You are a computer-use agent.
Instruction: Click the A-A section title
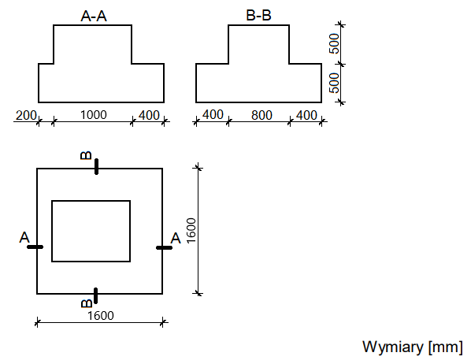click(x=94, y=16)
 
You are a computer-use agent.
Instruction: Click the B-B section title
click(x=258, y=15)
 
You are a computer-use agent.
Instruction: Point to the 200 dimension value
click(x=26, y=115)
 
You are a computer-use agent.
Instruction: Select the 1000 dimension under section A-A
click(x=94, y=115)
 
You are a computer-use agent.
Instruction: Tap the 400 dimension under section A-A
click(x=149, y=115)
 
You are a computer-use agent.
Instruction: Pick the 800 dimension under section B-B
click(x=262, y=115)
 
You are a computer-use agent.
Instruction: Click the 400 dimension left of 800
click(x=213, y=115)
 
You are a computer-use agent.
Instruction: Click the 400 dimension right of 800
click(x=306, y=115)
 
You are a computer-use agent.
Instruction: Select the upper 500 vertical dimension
click(x=334, y=43)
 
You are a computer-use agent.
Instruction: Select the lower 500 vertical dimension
click(x=334, y=83)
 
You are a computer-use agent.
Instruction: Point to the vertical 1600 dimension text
click(x=191, y=231)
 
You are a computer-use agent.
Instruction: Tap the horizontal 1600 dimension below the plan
click(x=101, y=316)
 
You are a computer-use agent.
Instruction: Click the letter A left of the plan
click(x=24, y=237)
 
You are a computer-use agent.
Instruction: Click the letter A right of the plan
click(x=176, y=239)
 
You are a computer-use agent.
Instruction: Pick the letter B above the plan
click(x=86, y=155)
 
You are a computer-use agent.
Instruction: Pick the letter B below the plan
click(x=87, y=303)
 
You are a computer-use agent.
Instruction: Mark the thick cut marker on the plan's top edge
click(x=96, y=167)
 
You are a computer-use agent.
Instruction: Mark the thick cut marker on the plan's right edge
click(x=165, y=247)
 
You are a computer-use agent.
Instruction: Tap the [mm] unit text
click(x=446, y=347)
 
